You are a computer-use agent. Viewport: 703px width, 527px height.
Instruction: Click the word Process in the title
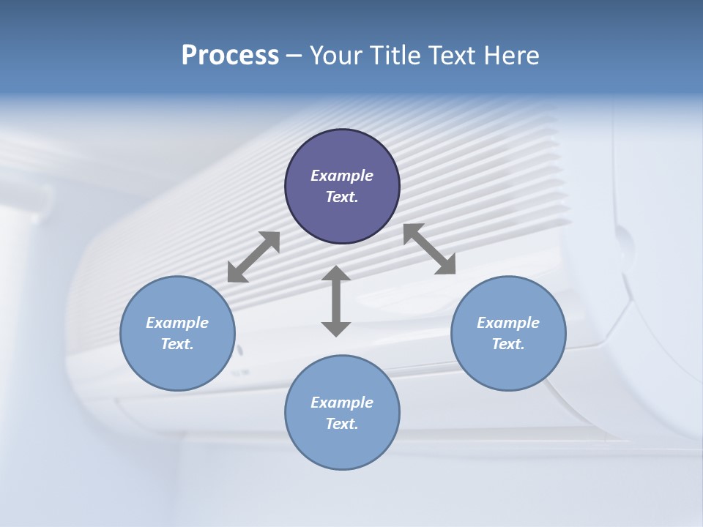[x=230, y=56]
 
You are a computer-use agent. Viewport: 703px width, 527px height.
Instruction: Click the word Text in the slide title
[x=454, y=56]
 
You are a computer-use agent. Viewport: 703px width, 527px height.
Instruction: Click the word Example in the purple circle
[x=342, y=176]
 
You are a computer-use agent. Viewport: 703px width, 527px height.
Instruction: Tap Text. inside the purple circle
[x=342, y=197]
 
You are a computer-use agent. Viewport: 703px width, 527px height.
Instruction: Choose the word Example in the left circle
[x=177, y=323]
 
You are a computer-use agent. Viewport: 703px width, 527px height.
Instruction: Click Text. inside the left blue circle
[x=177, y=344]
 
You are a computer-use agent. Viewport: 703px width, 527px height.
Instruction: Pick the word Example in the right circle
[x=508, y=323]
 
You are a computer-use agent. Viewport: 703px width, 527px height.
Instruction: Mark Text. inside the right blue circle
[x=508, y=344]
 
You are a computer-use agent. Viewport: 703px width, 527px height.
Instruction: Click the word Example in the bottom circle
[x=342, y=403]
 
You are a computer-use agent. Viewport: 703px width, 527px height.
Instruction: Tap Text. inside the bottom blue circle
[x=342, y=424]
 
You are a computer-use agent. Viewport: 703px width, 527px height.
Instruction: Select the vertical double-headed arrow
[x=336, y=301]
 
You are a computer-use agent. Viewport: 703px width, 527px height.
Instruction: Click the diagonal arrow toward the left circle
[x=253, y=257]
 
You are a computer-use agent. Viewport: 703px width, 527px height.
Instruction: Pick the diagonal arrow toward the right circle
[x=430, y=250]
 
